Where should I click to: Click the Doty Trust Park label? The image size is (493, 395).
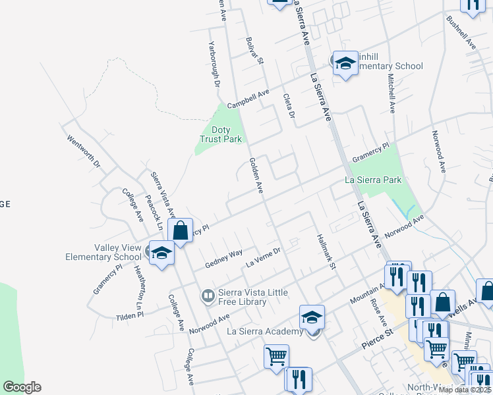coord(221,134)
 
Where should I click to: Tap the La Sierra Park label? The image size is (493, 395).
coord(374,180)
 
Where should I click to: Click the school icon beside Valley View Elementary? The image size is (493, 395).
coord(161,252)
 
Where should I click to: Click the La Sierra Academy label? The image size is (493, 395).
coord(266,331)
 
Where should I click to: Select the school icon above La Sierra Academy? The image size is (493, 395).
coord(312,317)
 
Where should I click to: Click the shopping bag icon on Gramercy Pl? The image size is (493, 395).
coord(180,230)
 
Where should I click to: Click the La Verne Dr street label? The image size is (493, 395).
coord(264,257)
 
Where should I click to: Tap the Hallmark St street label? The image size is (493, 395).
coord(326,252)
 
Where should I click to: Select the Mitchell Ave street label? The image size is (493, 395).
coord(391,93)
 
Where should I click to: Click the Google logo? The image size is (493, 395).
coord(22,387)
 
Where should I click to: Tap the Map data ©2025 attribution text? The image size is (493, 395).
coord(465,390)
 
